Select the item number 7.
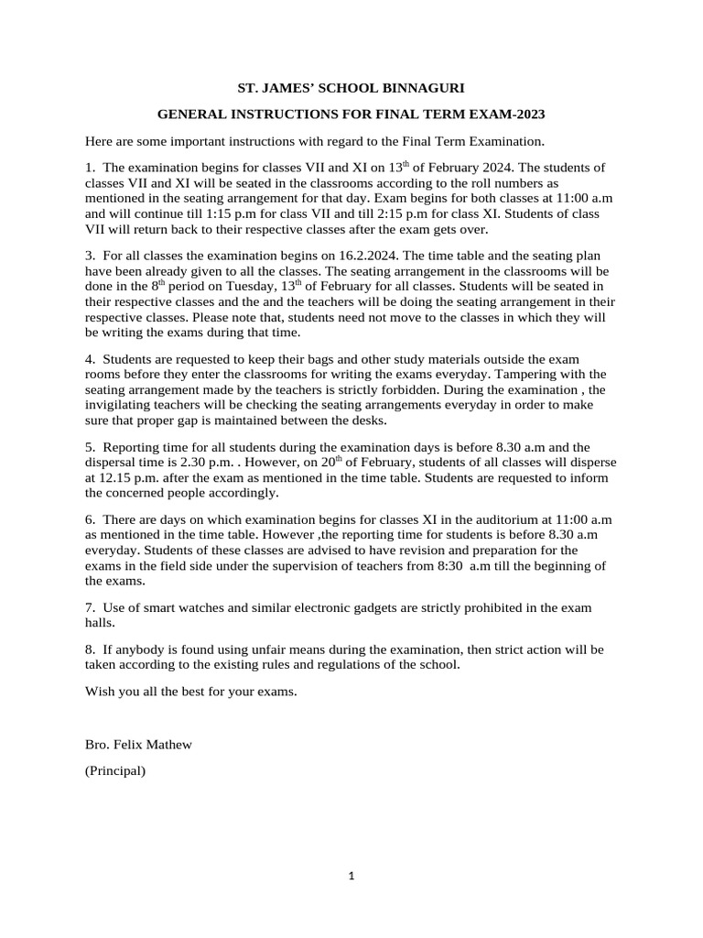89,607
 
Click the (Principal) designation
115,771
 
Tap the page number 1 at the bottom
351,876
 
